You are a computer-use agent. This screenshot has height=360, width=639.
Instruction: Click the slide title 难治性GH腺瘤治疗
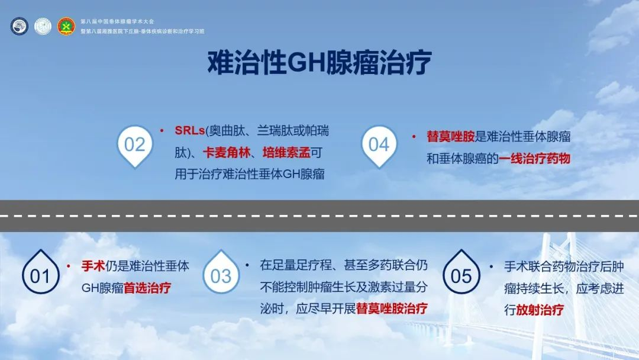click(319, 63)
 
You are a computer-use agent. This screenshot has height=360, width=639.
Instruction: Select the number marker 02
click(134, 144)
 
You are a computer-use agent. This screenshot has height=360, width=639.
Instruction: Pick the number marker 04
click(379, 144)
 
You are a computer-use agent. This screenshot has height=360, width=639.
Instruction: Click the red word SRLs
click(189, 130)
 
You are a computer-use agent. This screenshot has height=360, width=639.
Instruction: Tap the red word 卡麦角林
click(227, 153)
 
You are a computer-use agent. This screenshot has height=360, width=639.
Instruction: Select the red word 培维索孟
click(286, 153)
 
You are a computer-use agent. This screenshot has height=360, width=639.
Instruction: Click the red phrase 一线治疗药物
click(535, 158)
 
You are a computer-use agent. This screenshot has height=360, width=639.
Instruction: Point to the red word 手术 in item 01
click(93, 266)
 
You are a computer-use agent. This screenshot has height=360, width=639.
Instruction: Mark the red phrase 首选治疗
click(147, 288)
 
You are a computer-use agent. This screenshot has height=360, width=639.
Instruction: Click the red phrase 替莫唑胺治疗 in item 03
click(392, 308)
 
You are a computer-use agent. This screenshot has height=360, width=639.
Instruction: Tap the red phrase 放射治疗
click(540, 310)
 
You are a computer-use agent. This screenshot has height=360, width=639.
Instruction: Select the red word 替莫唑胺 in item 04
click(451, 136)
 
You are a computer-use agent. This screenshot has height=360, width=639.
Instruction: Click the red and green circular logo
click(66, 26)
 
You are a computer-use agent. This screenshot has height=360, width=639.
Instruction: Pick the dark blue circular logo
click(19, 26)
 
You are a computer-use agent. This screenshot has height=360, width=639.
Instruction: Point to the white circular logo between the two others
click(43, 26)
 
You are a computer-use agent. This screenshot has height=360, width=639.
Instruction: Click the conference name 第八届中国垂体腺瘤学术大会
click(117, 21)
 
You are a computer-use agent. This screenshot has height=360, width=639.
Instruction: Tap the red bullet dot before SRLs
click(162, 130)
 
